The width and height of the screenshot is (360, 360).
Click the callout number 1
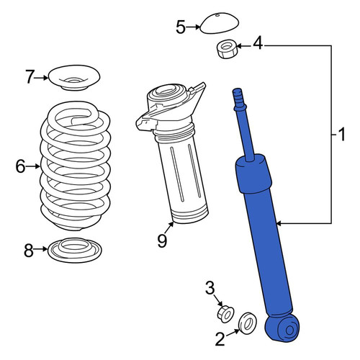[341, 135]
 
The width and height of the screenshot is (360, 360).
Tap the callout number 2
[220, 339]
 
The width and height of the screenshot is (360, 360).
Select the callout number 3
[210, 288]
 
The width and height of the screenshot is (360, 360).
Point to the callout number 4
[258, 43]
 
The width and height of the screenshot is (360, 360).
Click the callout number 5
[181, 27]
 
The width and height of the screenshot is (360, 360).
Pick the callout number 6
[21, 166]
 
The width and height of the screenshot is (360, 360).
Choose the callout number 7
[30, 77]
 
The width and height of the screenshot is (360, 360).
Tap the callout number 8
[29, 251]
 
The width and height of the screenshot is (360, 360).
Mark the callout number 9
[162, 240]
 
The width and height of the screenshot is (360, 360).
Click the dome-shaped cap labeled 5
[220, 24]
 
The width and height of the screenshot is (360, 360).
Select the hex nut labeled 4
[227, 50]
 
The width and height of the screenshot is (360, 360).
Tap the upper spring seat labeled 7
[74, 78]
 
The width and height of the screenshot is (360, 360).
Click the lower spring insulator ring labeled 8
[75, 251]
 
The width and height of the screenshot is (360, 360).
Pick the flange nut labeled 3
[225, 314]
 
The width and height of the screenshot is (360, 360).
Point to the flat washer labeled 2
[248, 323]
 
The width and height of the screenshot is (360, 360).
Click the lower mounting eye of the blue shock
[283, 328]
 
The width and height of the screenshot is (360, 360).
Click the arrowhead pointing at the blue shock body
[279, 224]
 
